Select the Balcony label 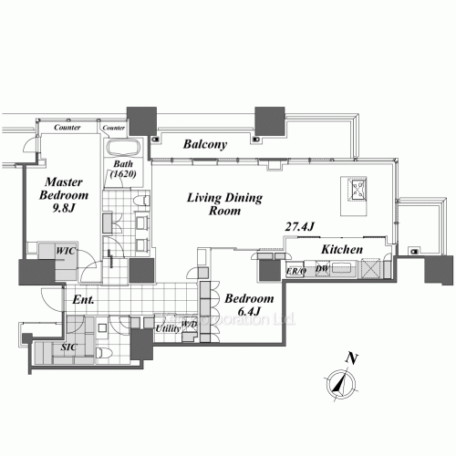click(205, 144)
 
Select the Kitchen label click(343, 249)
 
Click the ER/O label click(295, 270)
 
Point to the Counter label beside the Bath click(115, 128)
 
